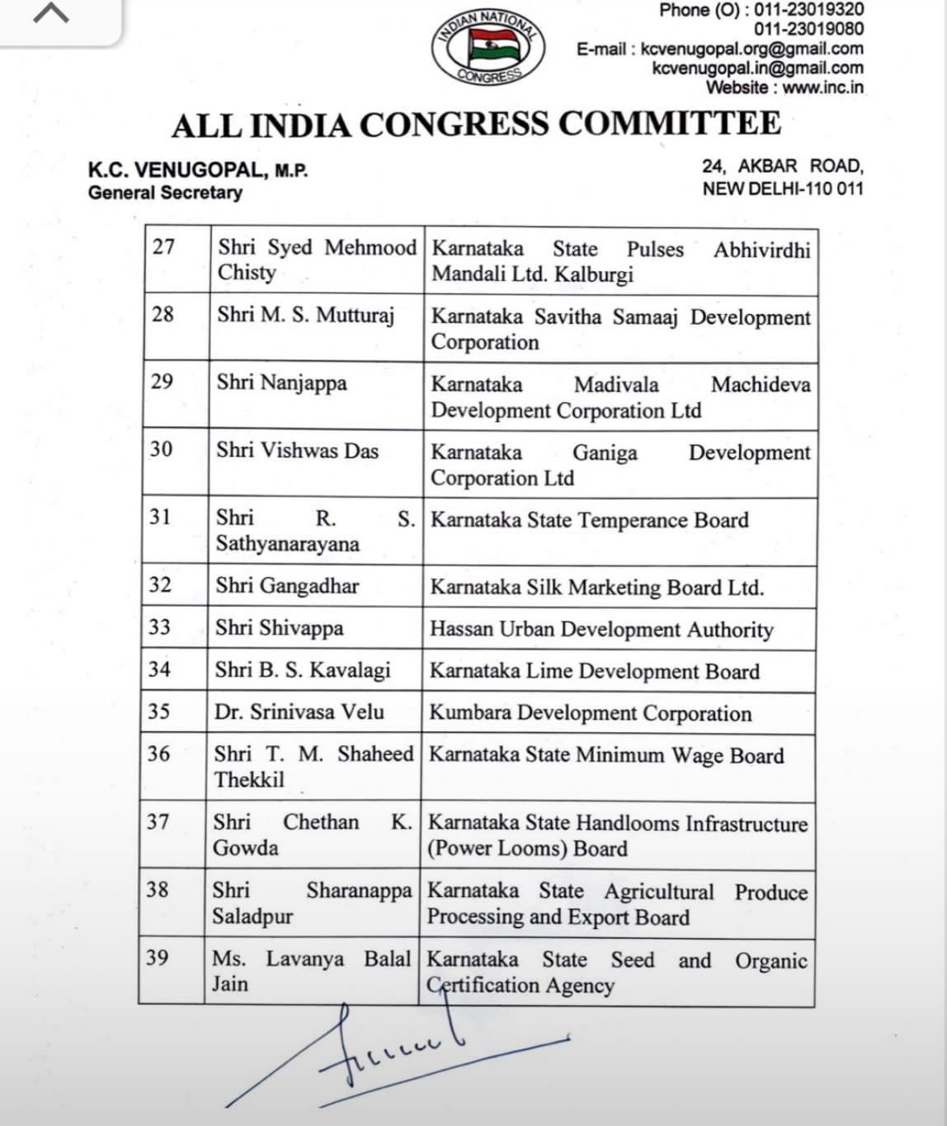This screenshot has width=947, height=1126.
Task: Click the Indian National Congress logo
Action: click(488, 48)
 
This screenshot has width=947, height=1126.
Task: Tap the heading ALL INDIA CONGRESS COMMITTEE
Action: click(476, 125)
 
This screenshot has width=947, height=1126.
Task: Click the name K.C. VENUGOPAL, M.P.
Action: click(198, 171)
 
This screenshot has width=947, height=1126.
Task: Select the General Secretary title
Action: click(165, 193)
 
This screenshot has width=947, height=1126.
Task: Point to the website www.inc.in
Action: click(822, 87)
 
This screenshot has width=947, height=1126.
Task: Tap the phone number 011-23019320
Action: click(808, 10)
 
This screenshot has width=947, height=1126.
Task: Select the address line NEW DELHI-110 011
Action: click(782, 188)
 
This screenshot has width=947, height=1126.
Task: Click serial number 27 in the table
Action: click(163, 246)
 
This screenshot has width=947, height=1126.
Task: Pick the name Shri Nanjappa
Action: click(281, 383)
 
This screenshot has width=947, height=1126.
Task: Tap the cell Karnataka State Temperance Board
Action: click(589, 520)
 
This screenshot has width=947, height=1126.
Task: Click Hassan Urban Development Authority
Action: click(601, 630)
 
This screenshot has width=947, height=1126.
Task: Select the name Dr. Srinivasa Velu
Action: click(299, 711)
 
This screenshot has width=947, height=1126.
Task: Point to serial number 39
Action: click(158, 957)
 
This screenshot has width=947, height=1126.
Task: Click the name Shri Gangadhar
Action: click(287, 586)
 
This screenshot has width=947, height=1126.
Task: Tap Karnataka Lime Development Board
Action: click(594, 671)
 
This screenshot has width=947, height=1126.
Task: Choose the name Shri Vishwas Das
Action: click(297, 451)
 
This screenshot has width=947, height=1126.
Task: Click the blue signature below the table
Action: click(388, 1055)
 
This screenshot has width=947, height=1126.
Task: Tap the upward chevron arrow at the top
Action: click(50, 14)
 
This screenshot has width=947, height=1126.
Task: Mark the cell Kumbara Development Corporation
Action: click(590, 713)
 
